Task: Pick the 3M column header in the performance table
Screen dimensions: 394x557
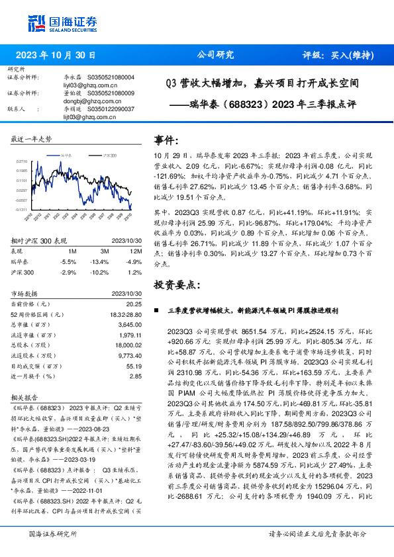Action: [x=105, y=251]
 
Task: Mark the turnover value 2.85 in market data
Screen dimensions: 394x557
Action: [x=136, y=376]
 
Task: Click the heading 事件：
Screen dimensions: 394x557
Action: [x=167, y=140]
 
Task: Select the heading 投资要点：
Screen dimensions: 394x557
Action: [x=176, y=284]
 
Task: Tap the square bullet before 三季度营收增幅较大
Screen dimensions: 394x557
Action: [x=156, y=310]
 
